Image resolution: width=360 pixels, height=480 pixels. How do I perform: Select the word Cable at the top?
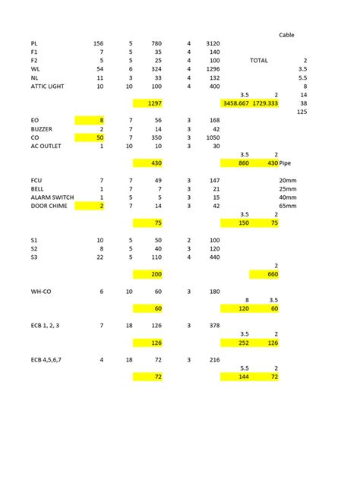[x=286, y=35]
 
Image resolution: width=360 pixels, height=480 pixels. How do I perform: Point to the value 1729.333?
[x=265, y=103]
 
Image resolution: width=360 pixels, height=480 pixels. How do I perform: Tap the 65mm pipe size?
[x=288, y=205]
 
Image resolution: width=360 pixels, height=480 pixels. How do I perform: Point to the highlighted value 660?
[x=272, y=274]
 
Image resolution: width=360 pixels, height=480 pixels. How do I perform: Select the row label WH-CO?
[x=41, y=291]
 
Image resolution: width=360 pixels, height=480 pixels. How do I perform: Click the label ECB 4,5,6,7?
[x=48, y=359]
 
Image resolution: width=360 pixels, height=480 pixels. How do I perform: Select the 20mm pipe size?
[x=288, y=180]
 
